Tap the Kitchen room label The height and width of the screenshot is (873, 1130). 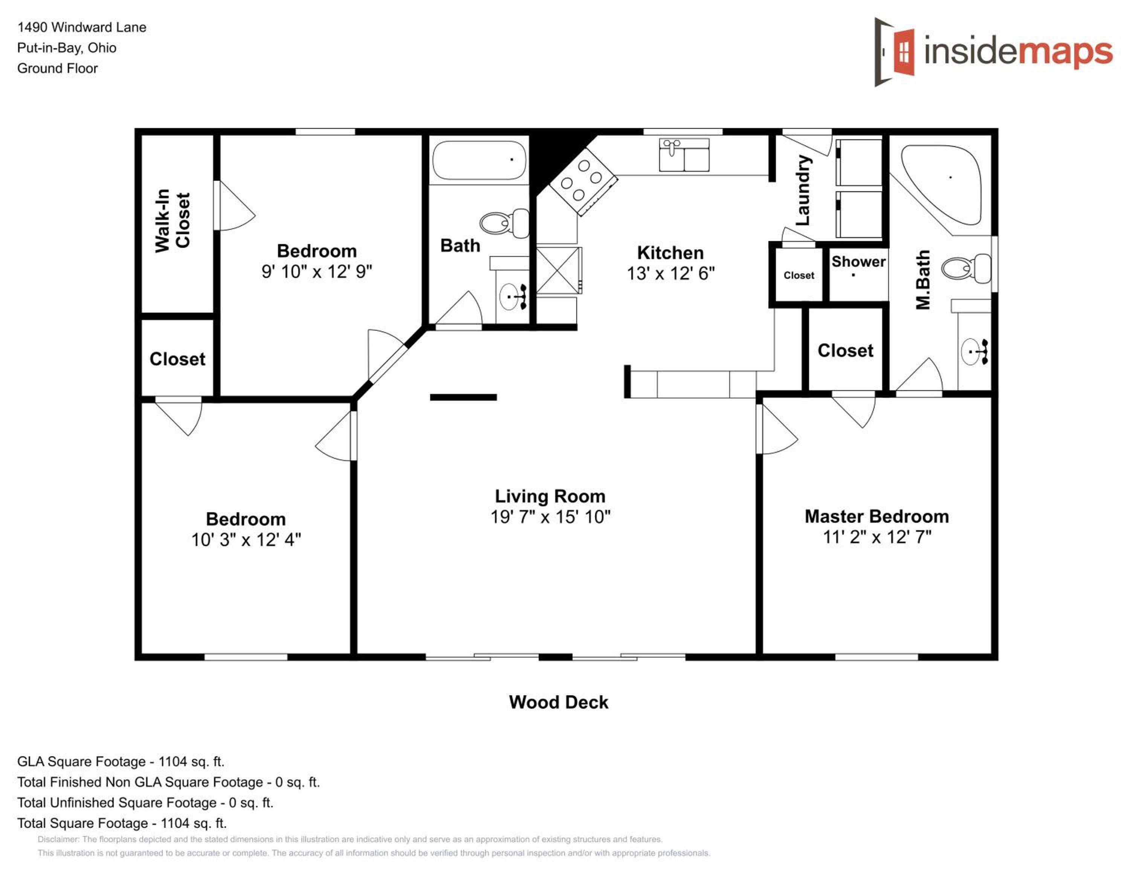pyautogui.click(x=670, y=253)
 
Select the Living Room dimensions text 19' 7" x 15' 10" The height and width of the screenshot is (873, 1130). pyautogui.click(x=551, y=517)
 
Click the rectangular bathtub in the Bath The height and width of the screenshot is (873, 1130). pyautogui.click(x=479, y=160)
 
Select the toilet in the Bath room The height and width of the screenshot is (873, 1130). pyautogui.click(x=504, y=223)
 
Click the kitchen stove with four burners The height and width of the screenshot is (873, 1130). pyautogui.click(x=583, y=181)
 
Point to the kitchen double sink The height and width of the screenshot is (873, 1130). pyautogui.click(x=684, y=155)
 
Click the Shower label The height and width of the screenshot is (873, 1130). pyautogui.click(x=858, y=262)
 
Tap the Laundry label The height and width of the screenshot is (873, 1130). pyautogui.click(x=802, y=190)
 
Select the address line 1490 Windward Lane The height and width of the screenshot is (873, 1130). pyautogui.click(x=82, y=27)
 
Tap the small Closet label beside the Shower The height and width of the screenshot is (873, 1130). pyautogui.click(x=799, y=275)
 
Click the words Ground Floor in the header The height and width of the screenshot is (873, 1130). pyautogui.click(x=57, y=68)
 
